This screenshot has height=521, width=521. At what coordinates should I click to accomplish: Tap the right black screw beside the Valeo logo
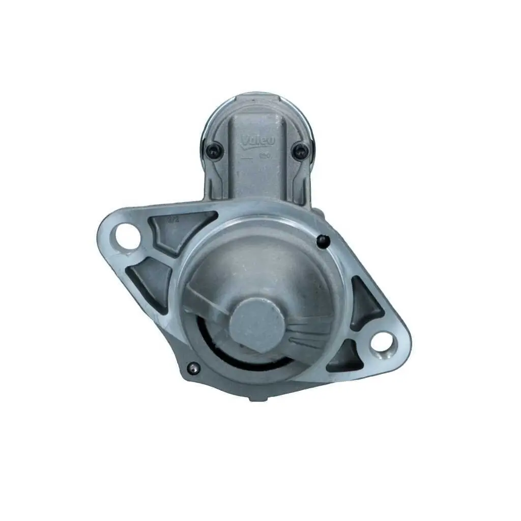[300, 149]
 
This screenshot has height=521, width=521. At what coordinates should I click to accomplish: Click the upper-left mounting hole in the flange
[128, 238]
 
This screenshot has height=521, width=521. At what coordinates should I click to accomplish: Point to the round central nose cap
[256, 324]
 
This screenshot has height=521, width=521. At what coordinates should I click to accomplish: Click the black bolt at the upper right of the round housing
[322, 242]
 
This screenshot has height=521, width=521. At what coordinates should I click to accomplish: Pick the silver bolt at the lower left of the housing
[193, 367]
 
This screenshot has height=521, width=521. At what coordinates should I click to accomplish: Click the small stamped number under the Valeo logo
[265, 156]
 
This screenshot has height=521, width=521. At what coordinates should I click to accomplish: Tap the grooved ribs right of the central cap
[305, 331]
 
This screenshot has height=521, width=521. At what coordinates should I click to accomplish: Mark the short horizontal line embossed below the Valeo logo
[246, 159]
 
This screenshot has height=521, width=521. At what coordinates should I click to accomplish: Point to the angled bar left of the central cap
[206, 300]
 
